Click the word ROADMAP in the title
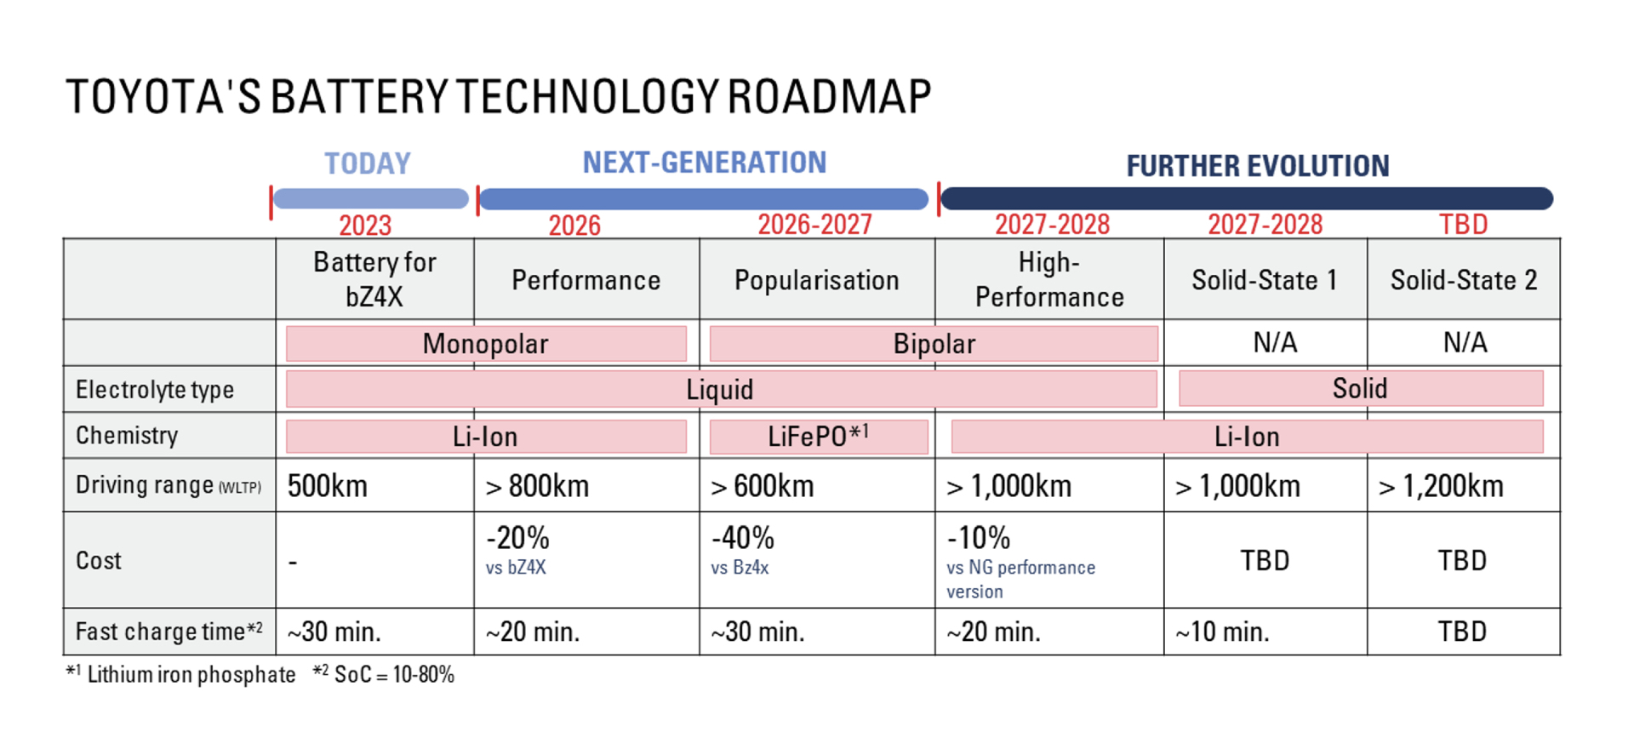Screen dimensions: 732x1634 (829, 97)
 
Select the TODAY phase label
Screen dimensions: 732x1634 (368, 163)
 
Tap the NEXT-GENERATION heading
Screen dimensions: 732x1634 (704, 162)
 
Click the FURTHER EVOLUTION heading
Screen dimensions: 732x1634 (1257, 165)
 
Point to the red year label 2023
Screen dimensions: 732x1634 (365, 226)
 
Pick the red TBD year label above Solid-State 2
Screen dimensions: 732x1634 (1463, 225)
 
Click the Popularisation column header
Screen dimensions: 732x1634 (816, 280)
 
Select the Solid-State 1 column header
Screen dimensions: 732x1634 (1264, 280)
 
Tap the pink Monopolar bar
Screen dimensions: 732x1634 (486, 344)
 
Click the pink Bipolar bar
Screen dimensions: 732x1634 (934, 344)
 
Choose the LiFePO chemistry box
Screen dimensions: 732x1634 (818, 437)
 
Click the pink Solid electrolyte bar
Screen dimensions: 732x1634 (1360, 389)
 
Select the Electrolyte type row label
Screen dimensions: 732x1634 (155, 390)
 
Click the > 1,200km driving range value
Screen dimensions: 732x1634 (1441, 486)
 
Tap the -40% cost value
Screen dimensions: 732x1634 (743, 538)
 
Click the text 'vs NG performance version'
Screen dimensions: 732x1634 (1020, 579)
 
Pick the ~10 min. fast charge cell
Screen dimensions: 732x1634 (1222, 632)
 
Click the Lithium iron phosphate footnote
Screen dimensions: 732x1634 (181, 675)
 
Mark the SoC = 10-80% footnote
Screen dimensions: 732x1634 (384, 675)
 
